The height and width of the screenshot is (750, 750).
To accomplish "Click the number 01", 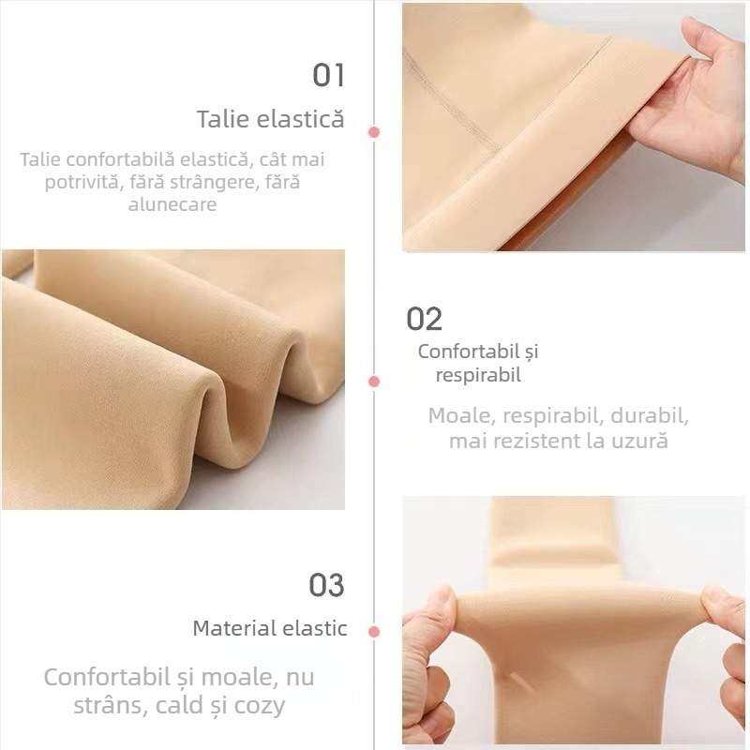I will [x=329, y=75].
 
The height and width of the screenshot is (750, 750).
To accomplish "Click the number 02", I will [x=424, y=319].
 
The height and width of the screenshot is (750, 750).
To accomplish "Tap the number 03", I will [x=327, y=585].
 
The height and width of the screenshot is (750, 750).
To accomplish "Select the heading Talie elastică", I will [x=270, y=119].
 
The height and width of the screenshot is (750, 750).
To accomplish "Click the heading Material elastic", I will [x=270, y=628].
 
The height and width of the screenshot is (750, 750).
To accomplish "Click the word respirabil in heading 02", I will [x=478, y=375].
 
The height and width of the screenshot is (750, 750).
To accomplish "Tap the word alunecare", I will [x=172, y=203].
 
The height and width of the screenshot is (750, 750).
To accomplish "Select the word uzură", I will [x=638, y=441].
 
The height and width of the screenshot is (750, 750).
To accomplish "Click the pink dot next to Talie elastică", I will [x=374, y=132].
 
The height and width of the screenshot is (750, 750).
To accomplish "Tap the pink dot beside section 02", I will [x=374, y=382].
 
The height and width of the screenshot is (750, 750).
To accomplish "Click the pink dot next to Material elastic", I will [x=374, y=632].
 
